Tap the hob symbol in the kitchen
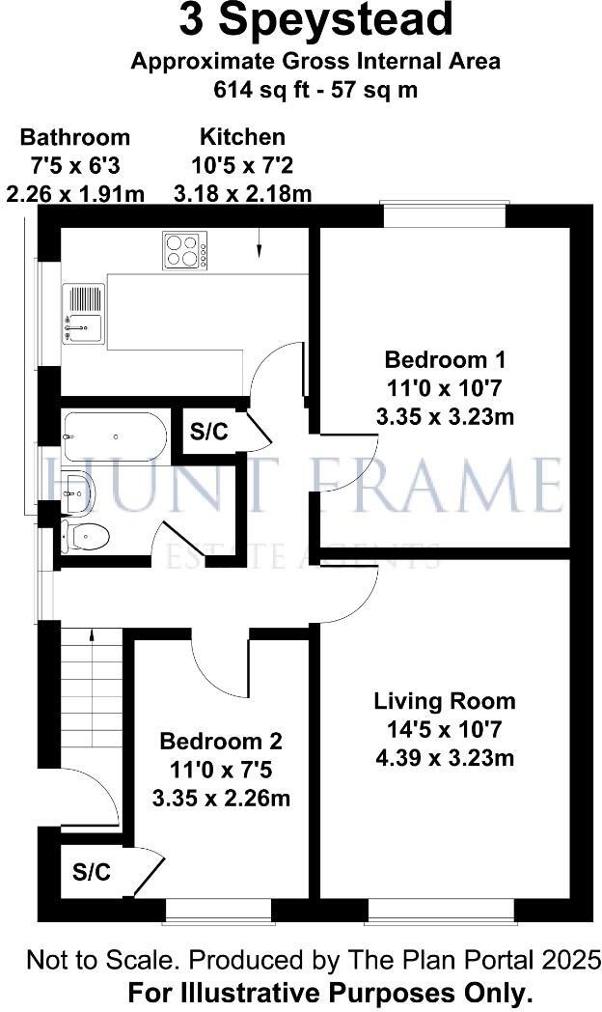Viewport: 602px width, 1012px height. [x=184, y=251]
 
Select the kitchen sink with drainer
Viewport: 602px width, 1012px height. [x=83, y=314]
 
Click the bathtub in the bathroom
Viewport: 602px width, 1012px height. [x=116, y=436]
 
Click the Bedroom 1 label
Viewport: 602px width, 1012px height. [x=445, y=360]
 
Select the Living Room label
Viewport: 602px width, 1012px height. [x=445, y=701]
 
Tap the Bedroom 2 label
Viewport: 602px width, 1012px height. [x=221, y=742]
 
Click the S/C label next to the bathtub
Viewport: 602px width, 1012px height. [x=208, y=432]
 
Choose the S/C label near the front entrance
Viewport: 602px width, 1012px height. [x=92, y=873]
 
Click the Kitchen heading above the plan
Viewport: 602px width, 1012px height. [x=242, y=137]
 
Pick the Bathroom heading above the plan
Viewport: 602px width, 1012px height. [x=74, y=137]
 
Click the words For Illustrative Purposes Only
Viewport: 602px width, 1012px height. [x=331, y=992]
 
